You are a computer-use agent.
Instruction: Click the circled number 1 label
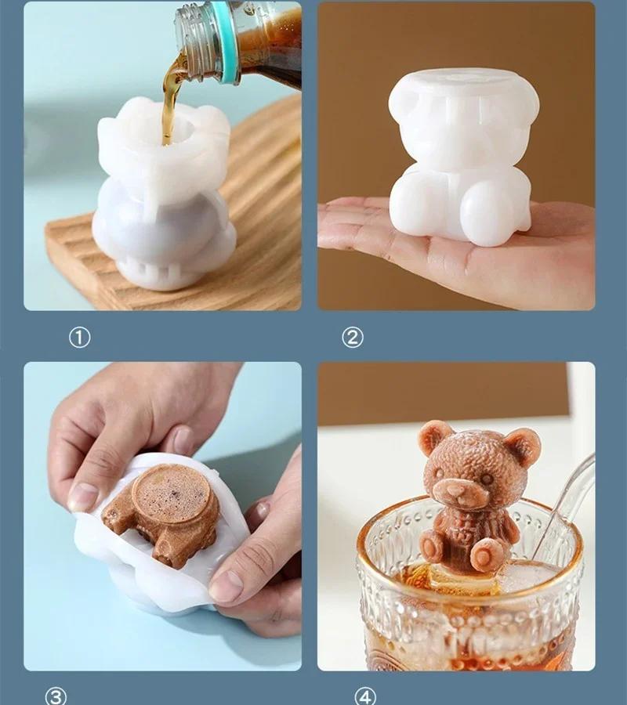[x=80, y=337]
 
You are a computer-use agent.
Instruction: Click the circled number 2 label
[x=353, y=337]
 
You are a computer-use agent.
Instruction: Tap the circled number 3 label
[x=56, y=696]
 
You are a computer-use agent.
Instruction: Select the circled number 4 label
[x=365, y=696]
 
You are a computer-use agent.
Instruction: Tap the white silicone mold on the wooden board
[x=164, y=193]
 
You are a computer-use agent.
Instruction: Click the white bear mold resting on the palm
[x=463, y=157]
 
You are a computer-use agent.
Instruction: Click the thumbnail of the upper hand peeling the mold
[x=82, y=497]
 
